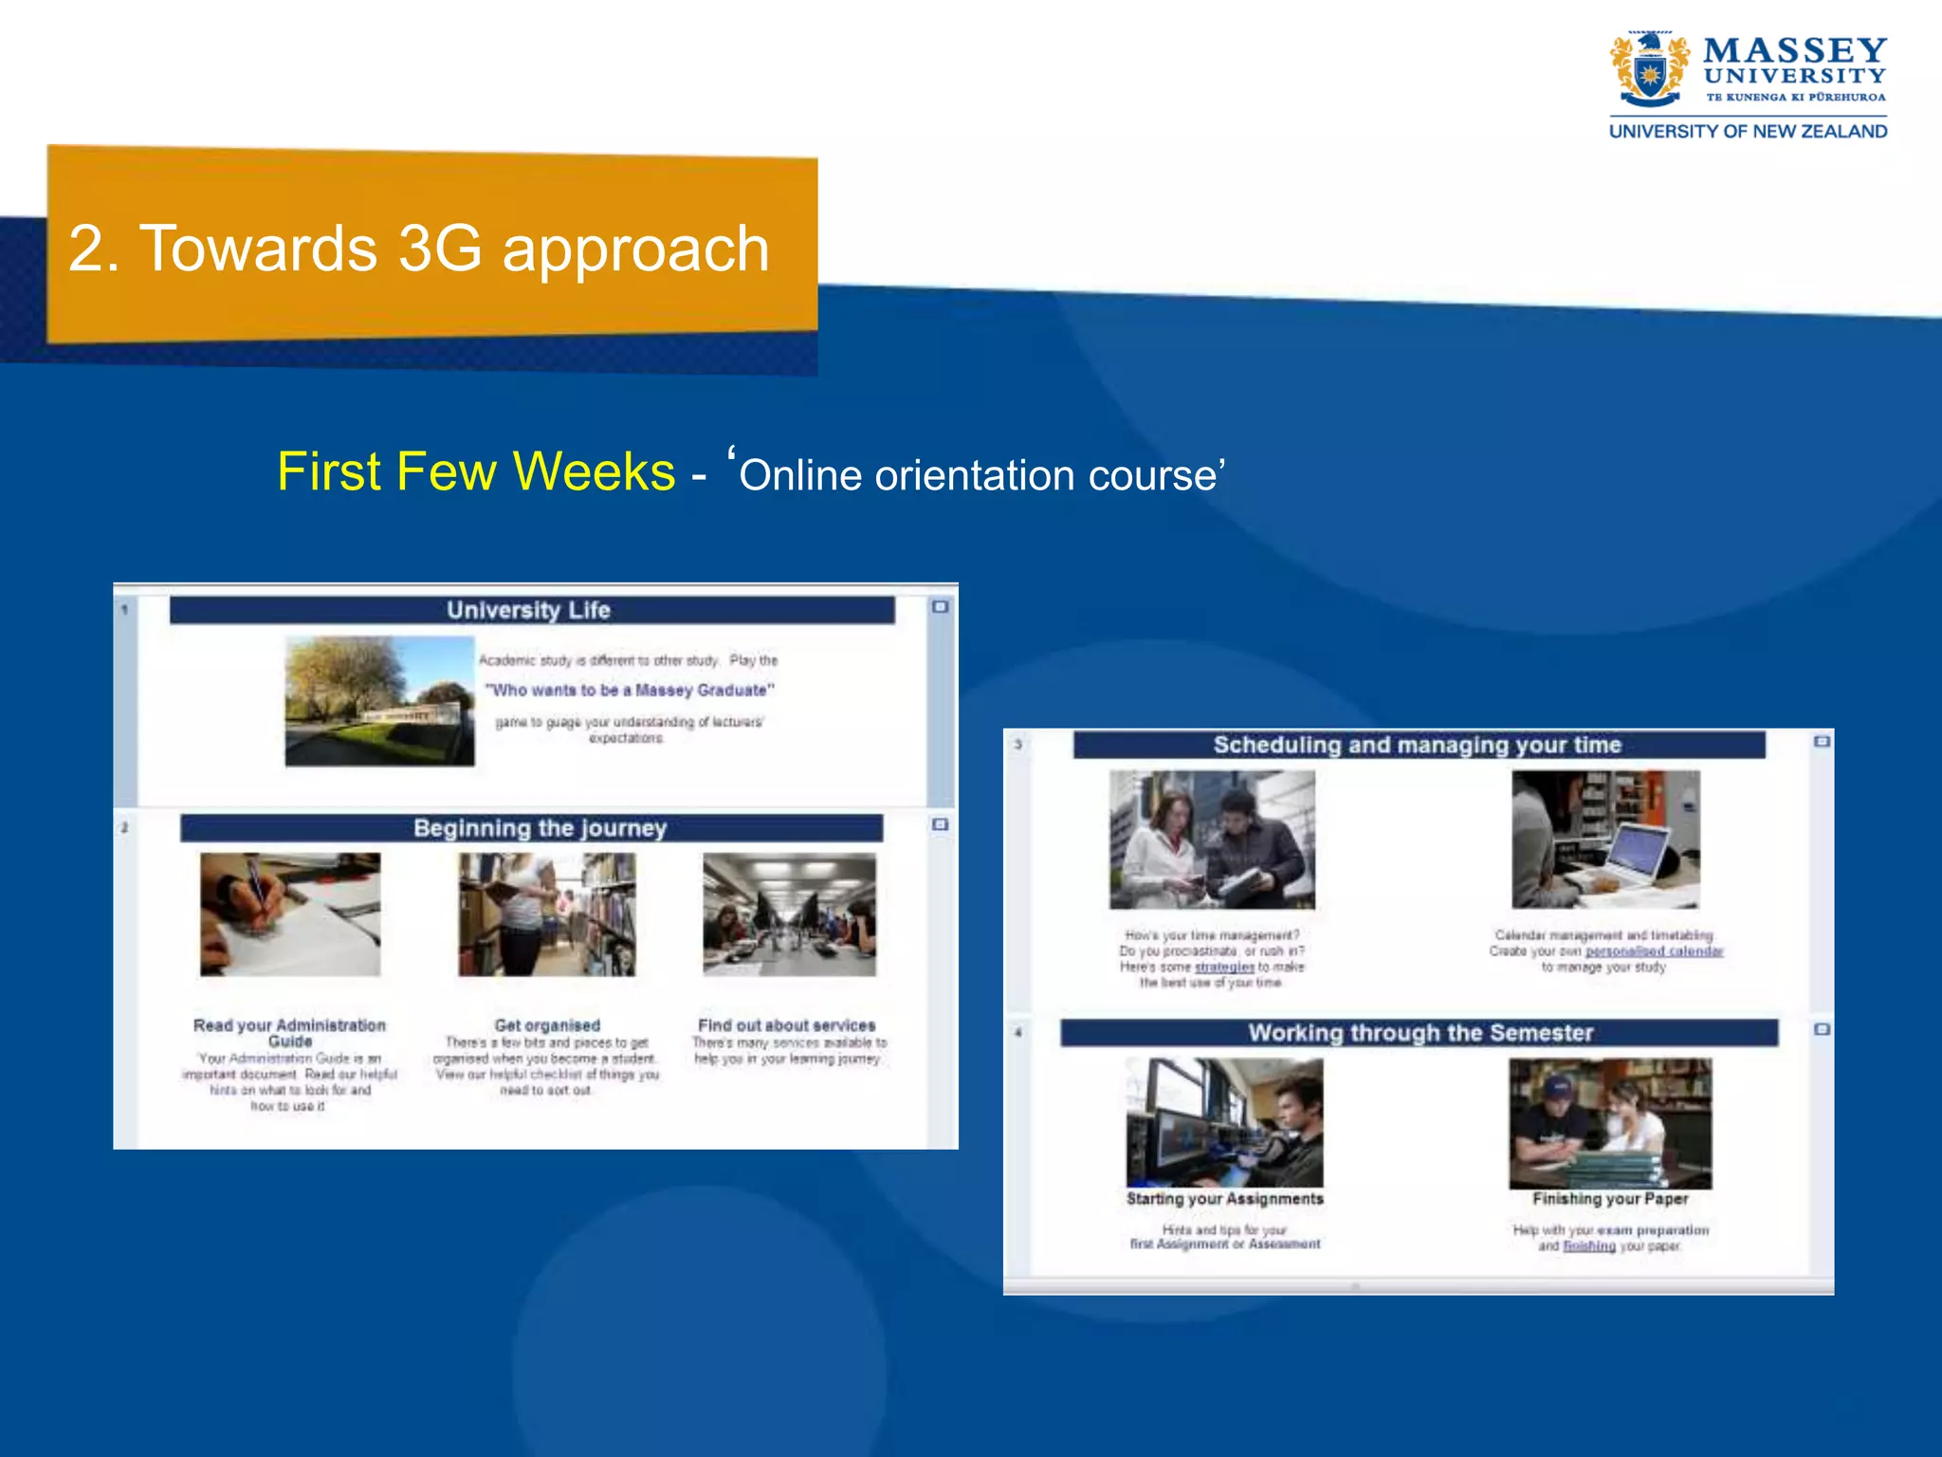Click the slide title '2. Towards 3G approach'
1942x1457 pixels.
coord(418,249)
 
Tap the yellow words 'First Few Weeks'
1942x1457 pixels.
coord(476,471)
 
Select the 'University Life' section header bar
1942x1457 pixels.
coord(531,610)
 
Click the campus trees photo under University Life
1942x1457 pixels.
coord(379,701)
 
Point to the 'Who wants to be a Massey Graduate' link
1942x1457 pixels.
coord(630,690)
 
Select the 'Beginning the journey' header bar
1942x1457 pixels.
coord(531,828)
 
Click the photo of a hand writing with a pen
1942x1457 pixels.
coord(290,913)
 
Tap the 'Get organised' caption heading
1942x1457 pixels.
coord(547,1025)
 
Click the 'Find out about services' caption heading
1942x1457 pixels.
coord(786,1025)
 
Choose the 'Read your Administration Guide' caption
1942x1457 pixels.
coord(289,1033)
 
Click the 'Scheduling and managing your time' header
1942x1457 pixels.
coord(1418,745)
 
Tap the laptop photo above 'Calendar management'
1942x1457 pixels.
coord(1605,839)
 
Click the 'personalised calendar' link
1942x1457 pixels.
coord(1654,950)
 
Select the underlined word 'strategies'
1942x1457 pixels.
coord(1223,967)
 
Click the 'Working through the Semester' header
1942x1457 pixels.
coord(1420,1033)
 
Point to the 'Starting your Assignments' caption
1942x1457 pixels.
coord(1224,1199)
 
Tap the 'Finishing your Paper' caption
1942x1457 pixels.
coord(1610,1199)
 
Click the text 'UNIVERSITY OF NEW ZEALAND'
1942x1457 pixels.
coord(1748,132)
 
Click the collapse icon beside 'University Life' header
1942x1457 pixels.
coord(940,607)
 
